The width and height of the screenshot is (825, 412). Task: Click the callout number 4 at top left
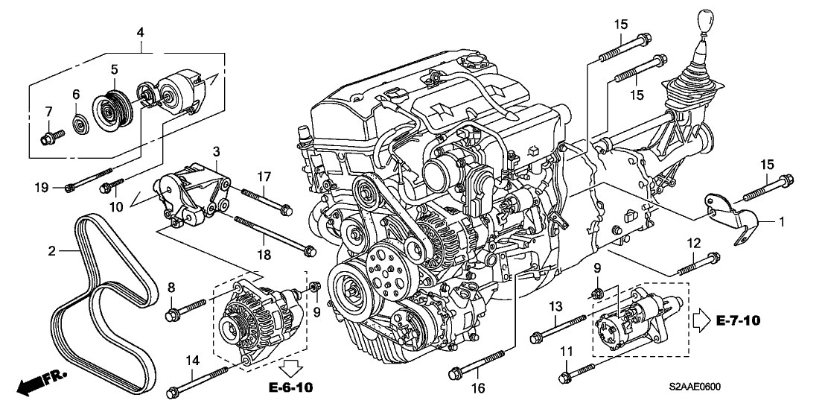tap(140, 32)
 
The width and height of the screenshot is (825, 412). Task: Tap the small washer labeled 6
tap(77, 121)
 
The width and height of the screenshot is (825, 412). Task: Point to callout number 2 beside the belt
tap(52, 252)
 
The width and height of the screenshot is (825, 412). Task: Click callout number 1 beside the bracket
tap(782, 221)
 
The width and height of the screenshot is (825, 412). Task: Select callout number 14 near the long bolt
tap(192, 361)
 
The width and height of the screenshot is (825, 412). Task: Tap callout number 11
tap(565, 351)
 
